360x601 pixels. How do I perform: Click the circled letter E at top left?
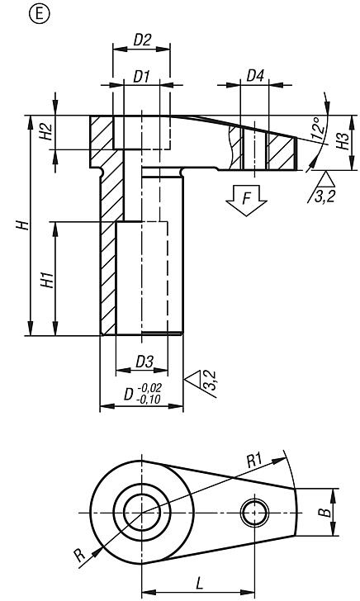(x=12, y=12)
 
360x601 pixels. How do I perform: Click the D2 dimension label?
(x=141, y=39)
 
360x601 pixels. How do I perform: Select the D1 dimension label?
(x=142, y=76)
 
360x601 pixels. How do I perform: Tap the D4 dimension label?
(x=255, y=76)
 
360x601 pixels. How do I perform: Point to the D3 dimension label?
(x=144, y=362)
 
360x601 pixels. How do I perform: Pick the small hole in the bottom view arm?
(x=254, y=513)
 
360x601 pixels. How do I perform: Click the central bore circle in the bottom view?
(x=141, y=513)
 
